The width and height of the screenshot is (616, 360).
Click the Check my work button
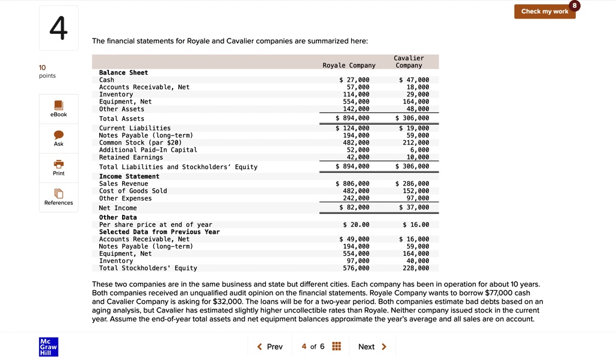tap(544, 11)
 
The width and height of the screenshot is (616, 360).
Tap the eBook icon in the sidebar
tap(58, 105)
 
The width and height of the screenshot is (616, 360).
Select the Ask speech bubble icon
tap(58, 135)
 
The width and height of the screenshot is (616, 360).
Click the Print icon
tap(58, 164)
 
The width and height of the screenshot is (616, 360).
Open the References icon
tap(58, 193)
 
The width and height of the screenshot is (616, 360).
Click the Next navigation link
tap(372, 347)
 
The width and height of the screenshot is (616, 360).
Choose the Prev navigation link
tap(269, 347)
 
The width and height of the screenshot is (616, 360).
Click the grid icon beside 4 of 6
tap(337, 346)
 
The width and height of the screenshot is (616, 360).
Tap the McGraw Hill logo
tap(48, 347)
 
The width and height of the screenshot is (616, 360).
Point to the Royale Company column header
tap(349, 65)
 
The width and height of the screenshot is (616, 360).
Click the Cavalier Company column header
tap(408, 62)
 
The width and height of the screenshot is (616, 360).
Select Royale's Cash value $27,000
tap(354, 80)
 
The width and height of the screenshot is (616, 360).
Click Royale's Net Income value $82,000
tap(354, 208)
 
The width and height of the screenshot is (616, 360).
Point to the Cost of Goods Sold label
tap(133, 191)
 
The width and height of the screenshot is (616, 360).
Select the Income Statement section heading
tap(129, 176)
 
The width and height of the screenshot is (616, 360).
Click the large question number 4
tap(58, 28)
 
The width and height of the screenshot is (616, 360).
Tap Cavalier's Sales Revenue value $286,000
tap(412, 184)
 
